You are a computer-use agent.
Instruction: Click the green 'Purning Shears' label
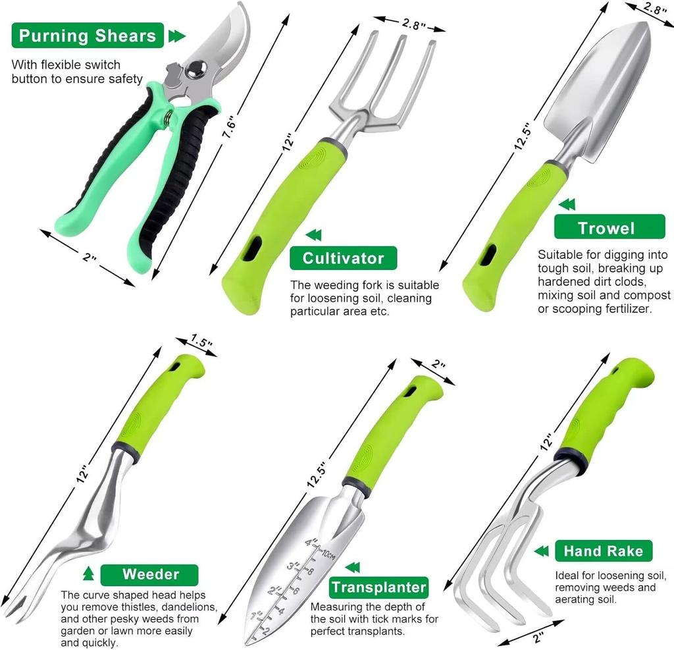(x=88, y=36)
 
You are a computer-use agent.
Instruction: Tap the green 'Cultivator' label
(x=343, y=258)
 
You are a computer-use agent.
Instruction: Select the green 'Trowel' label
(x=606, y=228)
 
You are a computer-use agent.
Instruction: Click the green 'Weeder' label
(x=150, y=574)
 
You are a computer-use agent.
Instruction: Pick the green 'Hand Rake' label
(x=603, y=551)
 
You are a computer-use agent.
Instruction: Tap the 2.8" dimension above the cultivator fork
(x=414, y=24)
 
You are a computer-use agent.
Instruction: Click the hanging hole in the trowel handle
(x=488, y=255)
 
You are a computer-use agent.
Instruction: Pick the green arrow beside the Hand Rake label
(x=541, y=551)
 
